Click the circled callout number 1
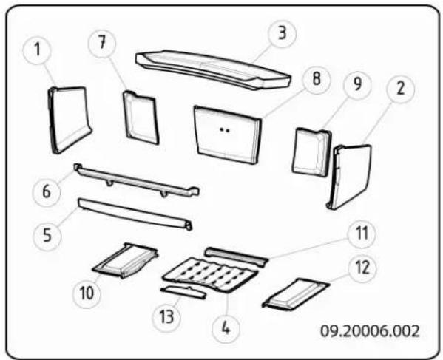[37, 50]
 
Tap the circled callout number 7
[102, 44]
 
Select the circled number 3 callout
[282, 33]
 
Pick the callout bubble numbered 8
[316, 78]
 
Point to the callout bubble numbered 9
[357, 84]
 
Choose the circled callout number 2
[400, 89]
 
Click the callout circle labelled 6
[47, 191]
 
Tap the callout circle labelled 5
[47, 236]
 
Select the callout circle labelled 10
[87, 293]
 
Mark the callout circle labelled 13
[166, 317]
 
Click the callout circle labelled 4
[226, 328]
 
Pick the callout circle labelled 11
[362, 234]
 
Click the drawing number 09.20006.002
[370, 331]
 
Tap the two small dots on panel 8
[225, 130]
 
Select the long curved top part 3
[213, 69]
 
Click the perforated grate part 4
[211, 274]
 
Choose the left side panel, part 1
[70, 120]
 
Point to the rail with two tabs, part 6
[137, 180]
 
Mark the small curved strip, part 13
[183, 292]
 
